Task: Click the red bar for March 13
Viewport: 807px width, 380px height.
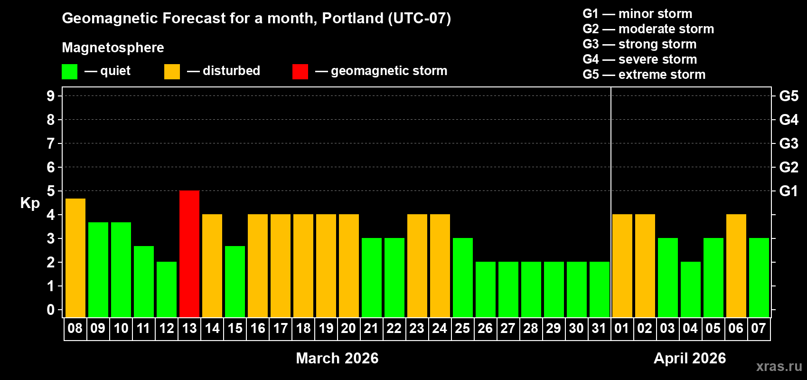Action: pyautogui.click(x=189, y=254)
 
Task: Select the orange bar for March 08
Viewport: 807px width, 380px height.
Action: pyautogui.click(x=75, y=257)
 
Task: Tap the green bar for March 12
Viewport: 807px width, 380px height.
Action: pyautogui.click(x=167, y=289)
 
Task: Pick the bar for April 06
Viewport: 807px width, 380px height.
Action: pyautogui.click(x=736, y=266)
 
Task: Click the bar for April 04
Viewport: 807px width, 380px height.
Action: pyautogui.click(x=690, y=289)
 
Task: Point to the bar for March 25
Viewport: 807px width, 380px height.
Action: pyautogui.click(x=463, y=277)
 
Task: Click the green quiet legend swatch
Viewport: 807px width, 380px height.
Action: pyautogui.click(x=70, y=72)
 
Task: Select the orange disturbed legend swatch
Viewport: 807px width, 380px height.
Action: pyautogui.click(x=172, y=72)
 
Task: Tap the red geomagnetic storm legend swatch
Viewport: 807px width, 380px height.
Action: pyautogui.click(x=300, y=72)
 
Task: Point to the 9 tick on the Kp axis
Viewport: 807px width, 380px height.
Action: pyautogui.click(x=51, y=96)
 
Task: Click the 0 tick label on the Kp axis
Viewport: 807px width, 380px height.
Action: pyautogui.click(x=51, y=310)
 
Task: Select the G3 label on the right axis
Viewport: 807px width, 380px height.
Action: pyautogui.click(x=788, y=143)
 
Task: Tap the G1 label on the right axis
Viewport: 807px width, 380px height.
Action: pyautogui.click(x=788, y=191)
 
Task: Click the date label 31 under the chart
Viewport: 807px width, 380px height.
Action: pyautogui.click(x=599, y=328)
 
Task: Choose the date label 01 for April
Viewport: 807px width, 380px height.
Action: pyautogui.click(x=622, y=328)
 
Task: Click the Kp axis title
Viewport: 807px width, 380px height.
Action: pyautogui.click(x=30, y=203)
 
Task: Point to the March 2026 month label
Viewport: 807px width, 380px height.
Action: pyautogui.click(x=337, y=358)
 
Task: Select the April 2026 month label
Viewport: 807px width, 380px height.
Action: pyautogui.click(x=690, y=358)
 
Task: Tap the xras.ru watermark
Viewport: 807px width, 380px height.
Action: pyautogui.click(x=779, y=366)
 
